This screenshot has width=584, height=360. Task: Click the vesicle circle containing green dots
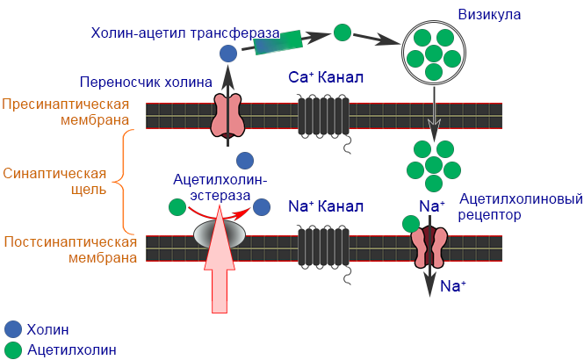[x=431, y=51]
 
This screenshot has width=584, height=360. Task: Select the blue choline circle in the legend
[x=11, y=329]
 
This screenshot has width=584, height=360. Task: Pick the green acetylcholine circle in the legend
[x=11, y=349]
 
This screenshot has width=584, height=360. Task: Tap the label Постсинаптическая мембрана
[x=70, y=249]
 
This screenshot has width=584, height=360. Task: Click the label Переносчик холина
[x=146, y=83]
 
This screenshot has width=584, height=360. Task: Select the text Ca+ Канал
[x=326, y=77]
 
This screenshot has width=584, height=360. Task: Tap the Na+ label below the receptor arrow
[x=452, y=286]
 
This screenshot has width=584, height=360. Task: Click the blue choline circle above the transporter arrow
[x=227, y=54]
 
